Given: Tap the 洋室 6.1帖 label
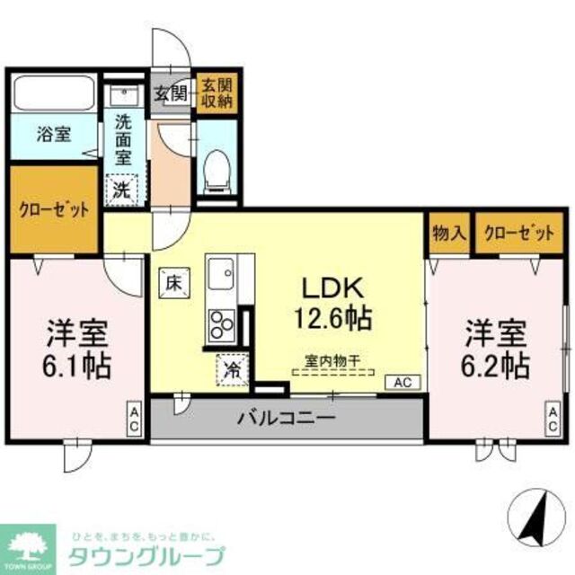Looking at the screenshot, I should (78, 349).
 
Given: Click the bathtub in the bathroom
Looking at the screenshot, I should (52, 93).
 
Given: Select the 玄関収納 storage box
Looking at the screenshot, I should (216, 93).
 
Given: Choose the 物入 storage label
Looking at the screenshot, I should (448, 233).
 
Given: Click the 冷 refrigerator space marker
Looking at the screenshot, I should (230, 369).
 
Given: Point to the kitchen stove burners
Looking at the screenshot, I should (222, 323).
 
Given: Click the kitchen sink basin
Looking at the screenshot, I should (221, 270).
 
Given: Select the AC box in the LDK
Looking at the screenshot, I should (402, 382).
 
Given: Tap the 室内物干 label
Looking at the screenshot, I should (332, 360).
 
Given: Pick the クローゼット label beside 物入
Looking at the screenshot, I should (518, 233).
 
